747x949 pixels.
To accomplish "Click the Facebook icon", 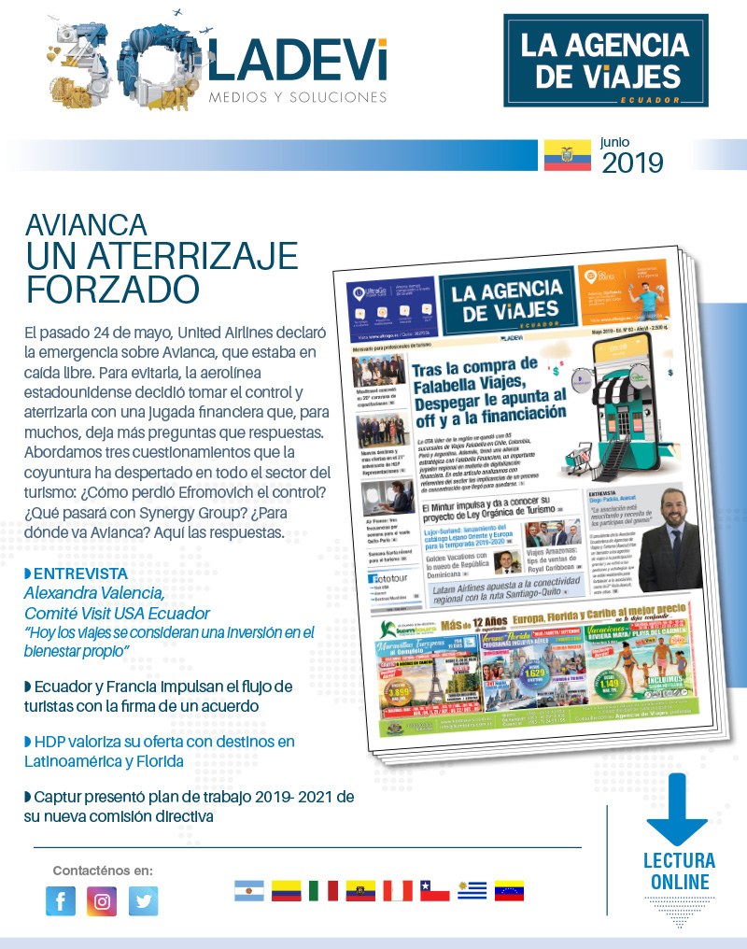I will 61,901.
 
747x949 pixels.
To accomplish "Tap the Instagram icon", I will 102,901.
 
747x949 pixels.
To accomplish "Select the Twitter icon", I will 143,901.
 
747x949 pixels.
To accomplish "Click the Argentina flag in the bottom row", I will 249,890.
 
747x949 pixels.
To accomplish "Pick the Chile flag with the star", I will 435,890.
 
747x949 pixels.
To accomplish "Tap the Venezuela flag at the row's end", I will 509,890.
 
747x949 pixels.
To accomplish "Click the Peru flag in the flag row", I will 398,890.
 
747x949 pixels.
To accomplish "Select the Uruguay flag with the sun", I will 472,890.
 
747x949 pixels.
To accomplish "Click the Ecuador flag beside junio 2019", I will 568,155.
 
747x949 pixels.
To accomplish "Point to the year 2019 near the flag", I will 632,163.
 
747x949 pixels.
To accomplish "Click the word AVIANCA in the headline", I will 86,224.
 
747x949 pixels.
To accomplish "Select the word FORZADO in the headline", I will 112,289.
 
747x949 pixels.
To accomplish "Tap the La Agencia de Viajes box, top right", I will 606,60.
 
